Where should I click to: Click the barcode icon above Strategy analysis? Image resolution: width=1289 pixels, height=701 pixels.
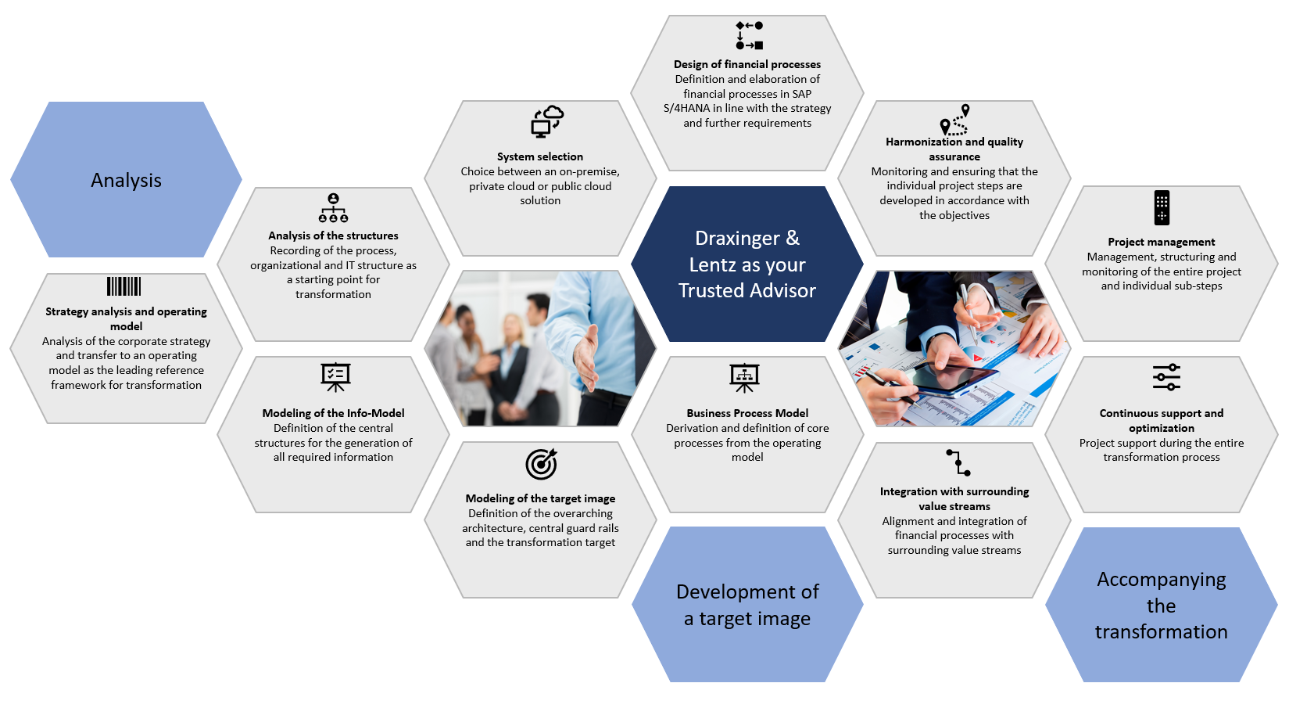click(x=124, y=286)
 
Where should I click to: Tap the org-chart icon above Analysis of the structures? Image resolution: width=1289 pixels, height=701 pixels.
click(x=333, y=208)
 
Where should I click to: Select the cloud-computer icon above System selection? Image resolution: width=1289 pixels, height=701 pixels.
click(x=547, y=121)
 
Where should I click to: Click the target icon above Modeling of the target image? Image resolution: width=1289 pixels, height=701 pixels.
click(x=541, y=464)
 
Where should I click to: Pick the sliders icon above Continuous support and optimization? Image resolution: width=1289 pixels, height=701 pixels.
click(x=1166, y=377)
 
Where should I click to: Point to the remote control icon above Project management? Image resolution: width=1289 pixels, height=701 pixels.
click(x=1162, y=208)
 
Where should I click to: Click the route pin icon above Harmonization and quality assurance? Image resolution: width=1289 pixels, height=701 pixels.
click(x=954, y=120)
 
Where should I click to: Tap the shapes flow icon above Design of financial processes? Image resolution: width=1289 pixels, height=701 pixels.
click(x=749, y=36)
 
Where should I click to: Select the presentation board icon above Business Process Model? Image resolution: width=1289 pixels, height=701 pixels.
click(x=744, y=378)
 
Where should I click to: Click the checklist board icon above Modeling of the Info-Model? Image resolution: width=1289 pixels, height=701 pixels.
click(x=335, y=377)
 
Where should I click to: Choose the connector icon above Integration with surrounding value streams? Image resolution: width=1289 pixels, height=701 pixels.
click(x=958, y=462)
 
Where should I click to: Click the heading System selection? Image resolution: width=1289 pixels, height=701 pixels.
click(x=540, y=156)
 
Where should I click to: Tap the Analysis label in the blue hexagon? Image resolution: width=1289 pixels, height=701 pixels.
click(x=126, y=180)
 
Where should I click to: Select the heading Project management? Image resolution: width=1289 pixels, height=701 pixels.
click(x=1161, y=242)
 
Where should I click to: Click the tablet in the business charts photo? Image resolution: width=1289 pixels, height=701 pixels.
click(x=954, y=376)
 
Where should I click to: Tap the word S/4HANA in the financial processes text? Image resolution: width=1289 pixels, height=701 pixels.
click(x=687, y=108)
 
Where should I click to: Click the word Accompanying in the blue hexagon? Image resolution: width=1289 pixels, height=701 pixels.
click(x=1161, y=580)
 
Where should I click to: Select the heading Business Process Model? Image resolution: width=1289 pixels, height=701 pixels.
click(x=747, y=413)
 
